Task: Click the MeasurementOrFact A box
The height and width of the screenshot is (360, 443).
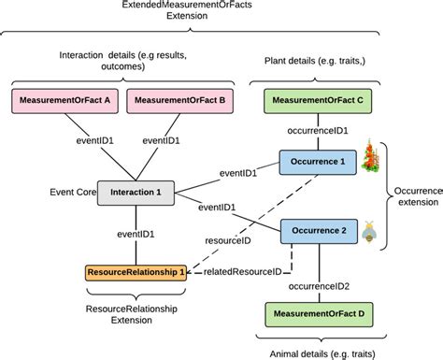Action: [63, 99]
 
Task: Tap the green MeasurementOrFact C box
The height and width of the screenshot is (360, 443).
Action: [315, 99]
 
